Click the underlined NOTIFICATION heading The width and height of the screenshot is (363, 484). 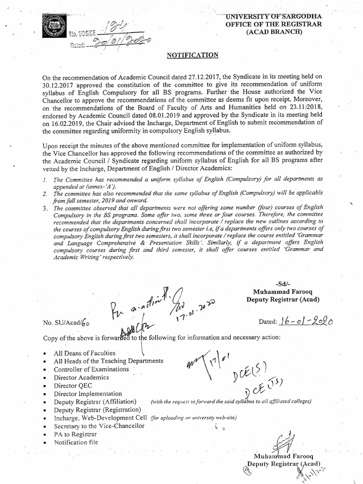(x=193, y=55)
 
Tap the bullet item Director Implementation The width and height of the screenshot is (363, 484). (x=87, y=393)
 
